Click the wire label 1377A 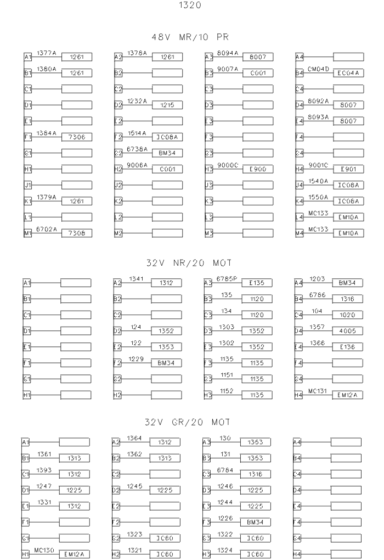(47, 53)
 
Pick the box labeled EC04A (348, 73)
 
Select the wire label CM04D (318, 69)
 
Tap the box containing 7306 (76, 137)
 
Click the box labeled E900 (257, 169)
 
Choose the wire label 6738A (137, 149)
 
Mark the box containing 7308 (76, 233)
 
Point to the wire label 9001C (318, 165)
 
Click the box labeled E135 (257, 283)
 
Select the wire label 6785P (226, 279)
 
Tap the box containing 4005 (347, 331)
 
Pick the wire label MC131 (318, 391)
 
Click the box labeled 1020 (347, 315)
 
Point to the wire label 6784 (226, 470)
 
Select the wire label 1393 (44, 470)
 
